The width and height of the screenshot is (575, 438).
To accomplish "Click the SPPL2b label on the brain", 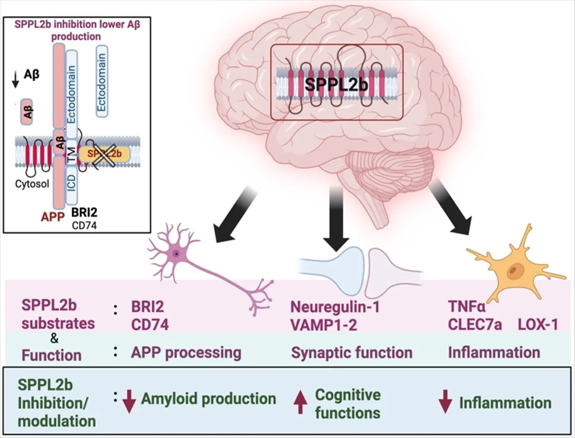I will tap(336, 84).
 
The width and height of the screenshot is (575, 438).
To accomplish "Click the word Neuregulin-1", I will tap(335, 307).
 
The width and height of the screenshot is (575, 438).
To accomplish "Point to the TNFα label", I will tap(467, 307).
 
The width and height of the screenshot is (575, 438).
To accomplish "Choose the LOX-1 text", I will tap(538, 325).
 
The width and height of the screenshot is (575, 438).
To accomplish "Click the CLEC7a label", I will tap(474, 325).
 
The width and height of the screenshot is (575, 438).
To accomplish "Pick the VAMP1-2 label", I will tap(324, 325).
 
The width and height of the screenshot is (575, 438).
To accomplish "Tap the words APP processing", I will tap(186, 353).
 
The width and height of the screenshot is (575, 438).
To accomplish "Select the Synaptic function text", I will tap(351, 353).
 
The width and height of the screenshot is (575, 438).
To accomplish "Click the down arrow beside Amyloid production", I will tap(129, 401).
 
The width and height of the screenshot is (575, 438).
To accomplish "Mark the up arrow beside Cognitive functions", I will tap(300, 404).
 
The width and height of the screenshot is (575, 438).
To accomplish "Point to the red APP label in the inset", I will tap(53, 217).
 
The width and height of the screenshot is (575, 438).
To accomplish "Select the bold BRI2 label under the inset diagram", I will tap(84, 212).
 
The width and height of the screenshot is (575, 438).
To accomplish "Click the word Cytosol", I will tap(32, 184).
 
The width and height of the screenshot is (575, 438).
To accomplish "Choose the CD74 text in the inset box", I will tap(84, 226).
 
